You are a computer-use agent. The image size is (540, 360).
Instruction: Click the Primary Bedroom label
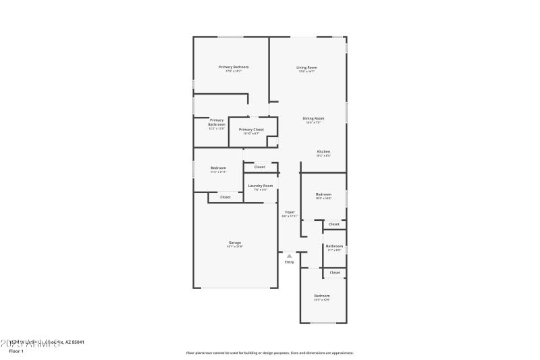[234, 67]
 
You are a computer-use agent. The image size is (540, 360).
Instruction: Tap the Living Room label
[307, 68]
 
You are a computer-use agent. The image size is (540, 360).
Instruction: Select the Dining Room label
[314, 118]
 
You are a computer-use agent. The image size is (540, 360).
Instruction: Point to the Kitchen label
[323, 151]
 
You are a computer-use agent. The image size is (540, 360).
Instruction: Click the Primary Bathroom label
[217, 122]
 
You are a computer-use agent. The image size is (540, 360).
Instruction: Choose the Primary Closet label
[251, 129]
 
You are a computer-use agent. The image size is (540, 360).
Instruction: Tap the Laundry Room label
[260, 185]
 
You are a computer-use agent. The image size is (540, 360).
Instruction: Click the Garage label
[234, 242]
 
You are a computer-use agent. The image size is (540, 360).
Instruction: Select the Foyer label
[290, 212]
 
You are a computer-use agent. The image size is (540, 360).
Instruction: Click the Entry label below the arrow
[289, 262]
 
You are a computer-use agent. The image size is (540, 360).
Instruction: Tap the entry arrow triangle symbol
[289, 256]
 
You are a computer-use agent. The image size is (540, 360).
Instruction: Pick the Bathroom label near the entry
[334, 246]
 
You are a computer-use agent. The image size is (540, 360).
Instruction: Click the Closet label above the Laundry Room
[259, 166]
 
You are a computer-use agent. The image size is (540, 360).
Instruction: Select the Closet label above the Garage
[225, 197]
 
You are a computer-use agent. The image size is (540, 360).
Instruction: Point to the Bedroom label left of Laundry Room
[218, 168]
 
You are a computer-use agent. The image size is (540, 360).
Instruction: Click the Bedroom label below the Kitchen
[323, 195]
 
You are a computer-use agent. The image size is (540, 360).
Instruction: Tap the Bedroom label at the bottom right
[322, 296]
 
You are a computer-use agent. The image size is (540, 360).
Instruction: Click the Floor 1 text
[16, 351]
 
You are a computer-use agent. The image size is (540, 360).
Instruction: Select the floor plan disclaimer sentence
[270, 353]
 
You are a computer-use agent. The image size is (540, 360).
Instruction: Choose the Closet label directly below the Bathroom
[335, 272]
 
